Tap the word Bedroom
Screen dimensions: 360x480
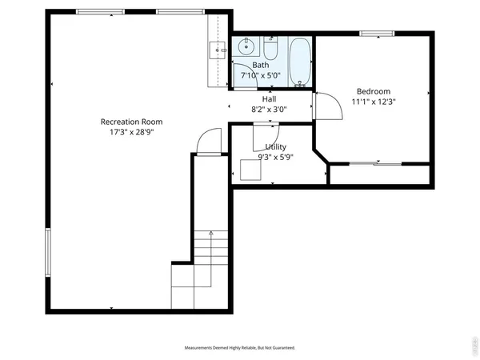coord(374,91)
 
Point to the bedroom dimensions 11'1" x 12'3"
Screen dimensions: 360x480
coord(374,102)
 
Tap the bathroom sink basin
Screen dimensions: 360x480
coord(244,46)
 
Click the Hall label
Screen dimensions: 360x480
coord(269,99)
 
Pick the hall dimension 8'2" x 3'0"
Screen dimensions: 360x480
coord(269,110)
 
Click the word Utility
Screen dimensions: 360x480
coord(276,147)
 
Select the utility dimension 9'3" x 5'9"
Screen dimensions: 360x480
coord(276,158)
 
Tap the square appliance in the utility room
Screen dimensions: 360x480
coord(250,171)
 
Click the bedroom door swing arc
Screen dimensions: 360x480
coord(325,105)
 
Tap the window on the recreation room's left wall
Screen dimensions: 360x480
coord(49,250)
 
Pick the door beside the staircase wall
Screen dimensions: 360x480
coord(206,142)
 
